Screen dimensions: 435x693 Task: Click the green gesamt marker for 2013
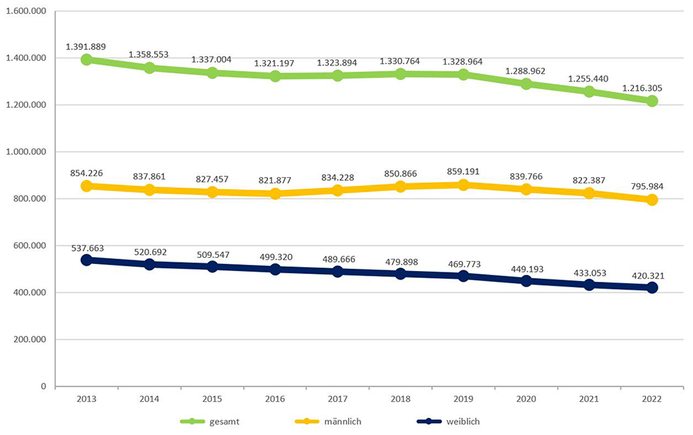pyautogui.click(x=86, y=59)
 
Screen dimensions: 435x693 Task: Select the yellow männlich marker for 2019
pyautogui.click(x=464, y=185)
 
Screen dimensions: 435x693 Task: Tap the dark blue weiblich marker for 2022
pyautogui.click(x=652, y=287)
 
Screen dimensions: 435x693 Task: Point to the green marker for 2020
pyautogui.click(x=527, y=84)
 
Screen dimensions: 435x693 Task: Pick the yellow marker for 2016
pyautogui.click(x=275, y=193)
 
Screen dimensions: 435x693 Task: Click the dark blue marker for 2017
pyautogui.click(x=338, y=271)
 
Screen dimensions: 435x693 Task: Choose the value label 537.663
pyautogui.click(x=86, y=248)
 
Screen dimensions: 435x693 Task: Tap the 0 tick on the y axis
pyautogui.click(x=45, y=386)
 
